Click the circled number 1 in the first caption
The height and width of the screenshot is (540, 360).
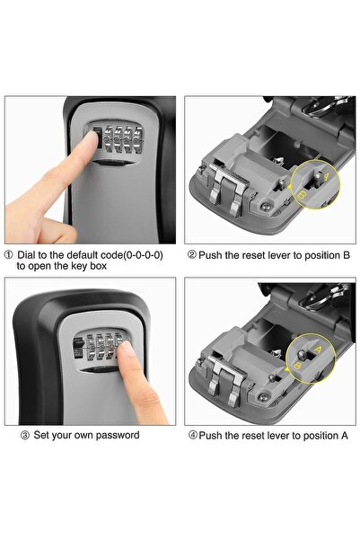tap(10, 254)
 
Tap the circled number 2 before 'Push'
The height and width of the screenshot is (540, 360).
tap(192, 254)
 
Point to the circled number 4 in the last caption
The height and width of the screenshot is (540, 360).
tap(192, 436)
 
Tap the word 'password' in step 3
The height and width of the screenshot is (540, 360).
tap(115, 435)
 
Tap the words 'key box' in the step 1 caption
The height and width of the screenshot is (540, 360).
tap(88, 267)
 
